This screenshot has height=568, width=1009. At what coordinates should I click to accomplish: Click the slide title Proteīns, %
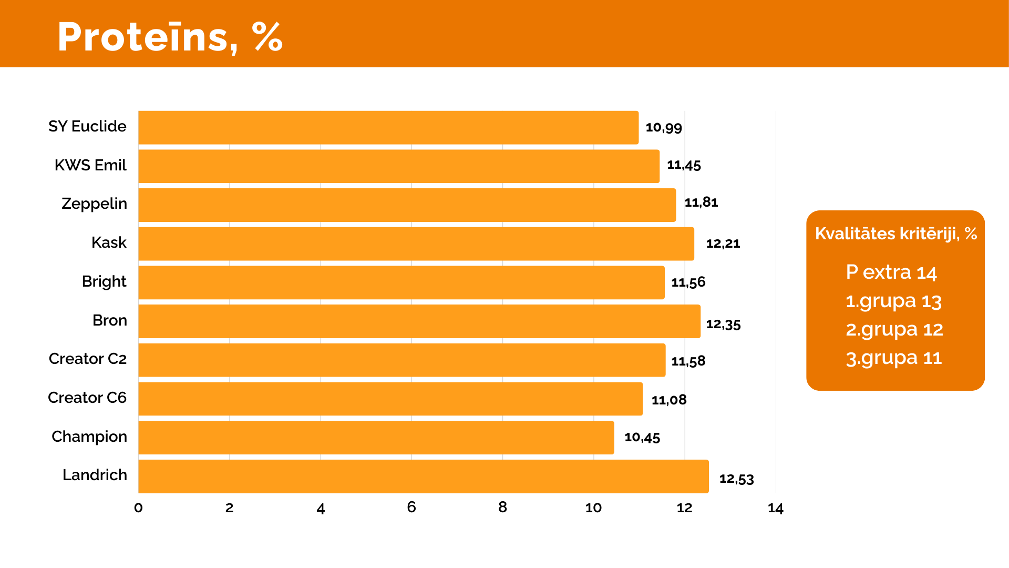[170, 37]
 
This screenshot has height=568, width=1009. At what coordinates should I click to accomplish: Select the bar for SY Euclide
[388, 127]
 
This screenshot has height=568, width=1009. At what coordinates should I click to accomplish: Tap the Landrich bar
[423, 476]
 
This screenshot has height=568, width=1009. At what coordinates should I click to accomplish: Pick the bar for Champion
[376, 438]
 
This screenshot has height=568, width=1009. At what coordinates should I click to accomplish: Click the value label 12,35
[723, 324]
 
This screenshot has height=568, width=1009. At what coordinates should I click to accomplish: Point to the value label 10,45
[642, 437]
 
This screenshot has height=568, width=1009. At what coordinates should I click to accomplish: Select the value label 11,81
[701, 202]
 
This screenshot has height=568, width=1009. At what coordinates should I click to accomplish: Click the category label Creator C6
[87, 398]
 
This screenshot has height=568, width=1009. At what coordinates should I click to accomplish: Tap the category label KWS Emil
[90, 165]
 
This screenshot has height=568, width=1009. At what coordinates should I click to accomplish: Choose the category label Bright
[104, 281]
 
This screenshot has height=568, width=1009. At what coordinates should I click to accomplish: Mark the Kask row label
[109, 242]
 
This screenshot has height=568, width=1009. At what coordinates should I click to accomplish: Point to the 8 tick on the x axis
[502, 507]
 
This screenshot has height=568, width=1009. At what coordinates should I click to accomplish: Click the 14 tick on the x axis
[775, 508]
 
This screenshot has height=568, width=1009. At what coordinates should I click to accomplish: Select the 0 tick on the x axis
[138, 508]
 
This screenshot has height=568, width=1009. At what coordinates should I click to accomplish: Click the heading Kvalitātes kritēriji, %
[895, 234]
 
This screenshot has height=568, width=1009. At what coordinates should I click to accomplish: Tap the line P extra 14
[891, 272]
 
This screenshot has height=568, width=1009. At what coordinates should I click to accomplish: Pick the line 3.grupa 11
[893, 358]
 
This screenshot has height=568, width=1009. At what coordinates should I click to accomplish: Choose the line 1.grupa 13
[893, 301]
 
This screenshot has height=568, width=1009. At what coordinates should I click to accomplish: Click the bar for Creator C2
[401, 360]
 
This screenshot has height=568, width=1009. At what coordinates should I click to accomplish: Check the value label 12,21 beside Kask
[723, 244]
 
